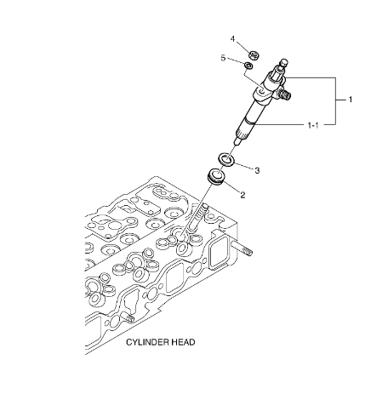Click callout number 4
click(232, 38)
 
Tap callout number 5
click(224, 58)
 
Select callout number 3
click(257, 170)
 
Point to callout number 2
click(242, 195)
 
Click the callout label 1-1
click(314, 125)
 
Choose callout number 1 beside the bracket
click(351, 100)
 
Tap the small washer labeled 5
click(249, 66)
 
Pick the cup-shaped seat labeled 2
click(217, 179)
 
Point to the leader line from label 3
click(246, 165)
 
